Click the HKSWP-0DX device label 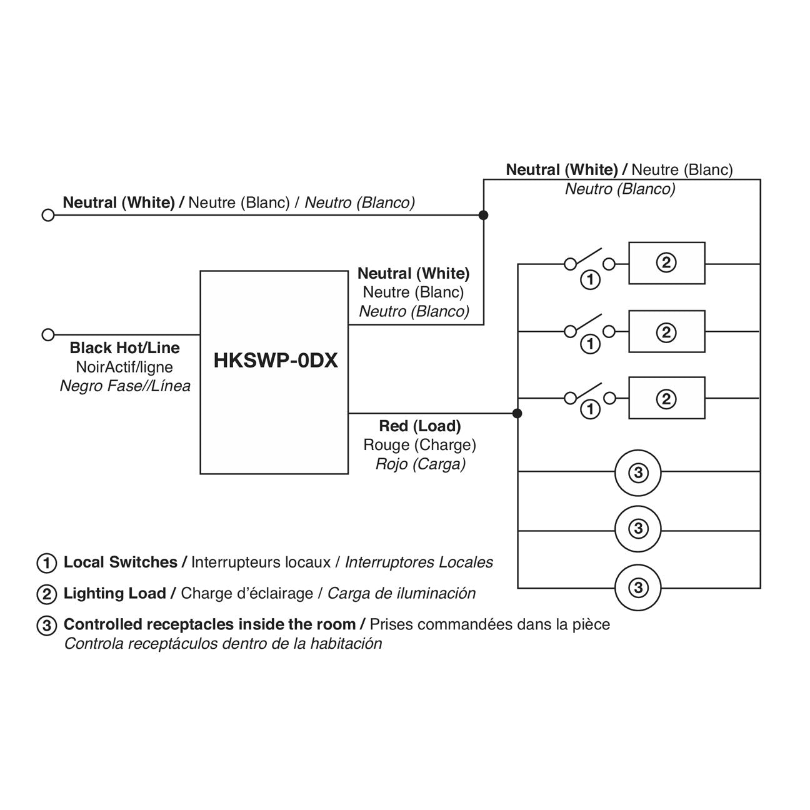point(275,361)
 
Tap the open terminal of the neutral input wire point(47,215)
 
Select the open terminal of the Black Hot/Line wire point(47,334)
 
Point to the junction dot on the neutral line point(483,215)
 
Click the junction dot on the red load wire point(517,413)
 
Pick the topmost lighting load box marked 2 point(666,263)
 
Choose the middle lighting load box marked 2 point(666,332)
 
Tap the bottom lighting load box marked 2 point(666,398)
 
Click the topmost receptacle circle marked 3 point(637,472)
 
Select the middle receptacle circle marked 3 point(637,529)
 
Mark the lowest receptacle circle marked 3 point(637,587)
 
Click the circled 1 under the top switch point(590,279)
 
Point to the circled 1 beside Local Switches point(47,562)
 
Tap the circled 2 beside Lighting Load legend point(47,594)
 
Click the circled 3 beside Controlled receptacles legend point(47,625)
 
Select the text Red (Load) point(420,426)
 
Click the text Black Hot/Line point(124,348)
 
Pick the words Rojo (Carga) point(420,464)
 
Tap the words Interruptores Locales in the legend point(419,562)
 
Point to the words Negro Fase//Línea point(125,386)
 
